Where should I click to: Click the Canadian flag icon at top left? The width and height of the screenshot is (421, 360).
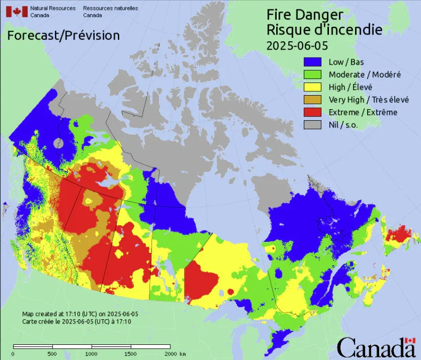click(x=16, y=11)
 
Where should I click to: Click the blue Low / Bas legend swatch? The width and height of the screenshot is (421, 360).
click(x=314, y=62)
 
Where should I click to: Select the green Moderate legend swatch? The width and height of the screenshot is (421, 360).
click(x=314, y=75)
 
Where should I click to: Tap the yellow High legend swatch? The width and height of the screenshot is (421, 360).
click(x=314, y=87)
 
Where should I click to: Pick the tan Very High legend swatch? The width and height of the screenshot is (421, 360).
click(x=314, y=100)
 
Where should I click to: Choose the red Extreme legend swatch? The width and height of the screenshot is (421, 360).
click(x=314, y=112)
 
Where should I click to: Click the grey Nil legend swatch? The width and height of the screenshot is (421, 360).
click(x=314, y=125)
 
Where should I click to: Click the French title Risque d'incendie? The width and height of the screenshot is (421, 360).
click(x=324, y=29)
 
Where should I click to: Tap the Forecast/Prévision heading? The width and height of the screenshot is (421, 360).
click(x=63, y=36)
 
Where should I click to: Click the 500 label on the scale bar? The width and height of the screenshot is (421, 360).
click(x=52, y=354)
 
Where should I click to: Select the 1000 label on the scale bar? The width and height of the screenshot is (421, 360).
click(x=91, y=354)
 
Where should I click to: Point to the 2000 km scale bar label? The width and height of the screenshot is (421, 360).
click(x=175, y=354)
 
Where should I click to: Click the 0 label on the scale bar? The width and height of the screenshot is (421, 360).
click(x=13, y=354)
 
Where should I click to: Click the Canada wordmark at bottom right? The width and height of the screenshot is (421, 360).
click(x=376, y=347)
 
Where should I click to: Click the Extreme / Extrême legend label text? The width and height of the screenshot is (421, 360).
click(x=362, y=112)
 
